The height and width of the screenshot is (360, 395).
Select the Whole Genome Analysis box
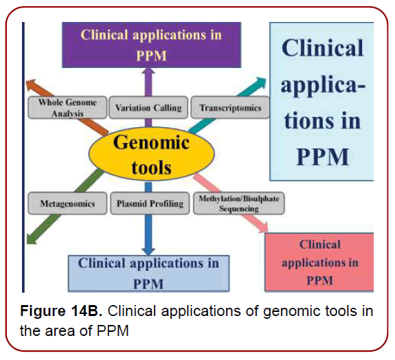coord(67,108)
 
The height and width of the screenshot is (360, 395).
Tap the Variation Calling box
coord(148,108)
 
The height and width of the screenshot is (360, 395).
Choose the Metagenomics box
coord(67,203)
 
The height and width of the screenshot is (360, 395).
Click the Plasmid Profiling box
coord(148,203)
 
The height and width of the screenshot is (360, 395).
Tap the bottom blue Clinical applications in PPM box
coord(148,272)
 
